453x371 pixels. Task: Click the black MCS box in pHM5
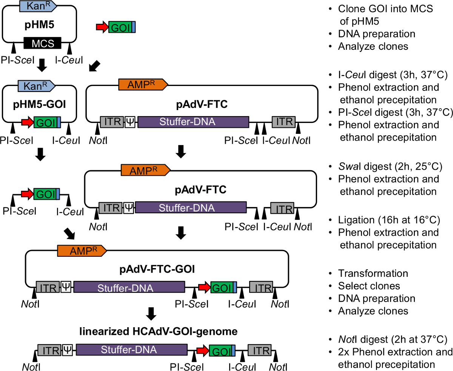coord(42,43)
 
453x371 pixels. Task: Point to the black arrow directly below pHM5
coord(43,64)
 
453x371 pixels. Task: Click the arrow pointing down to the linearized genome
coord(151,313)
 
